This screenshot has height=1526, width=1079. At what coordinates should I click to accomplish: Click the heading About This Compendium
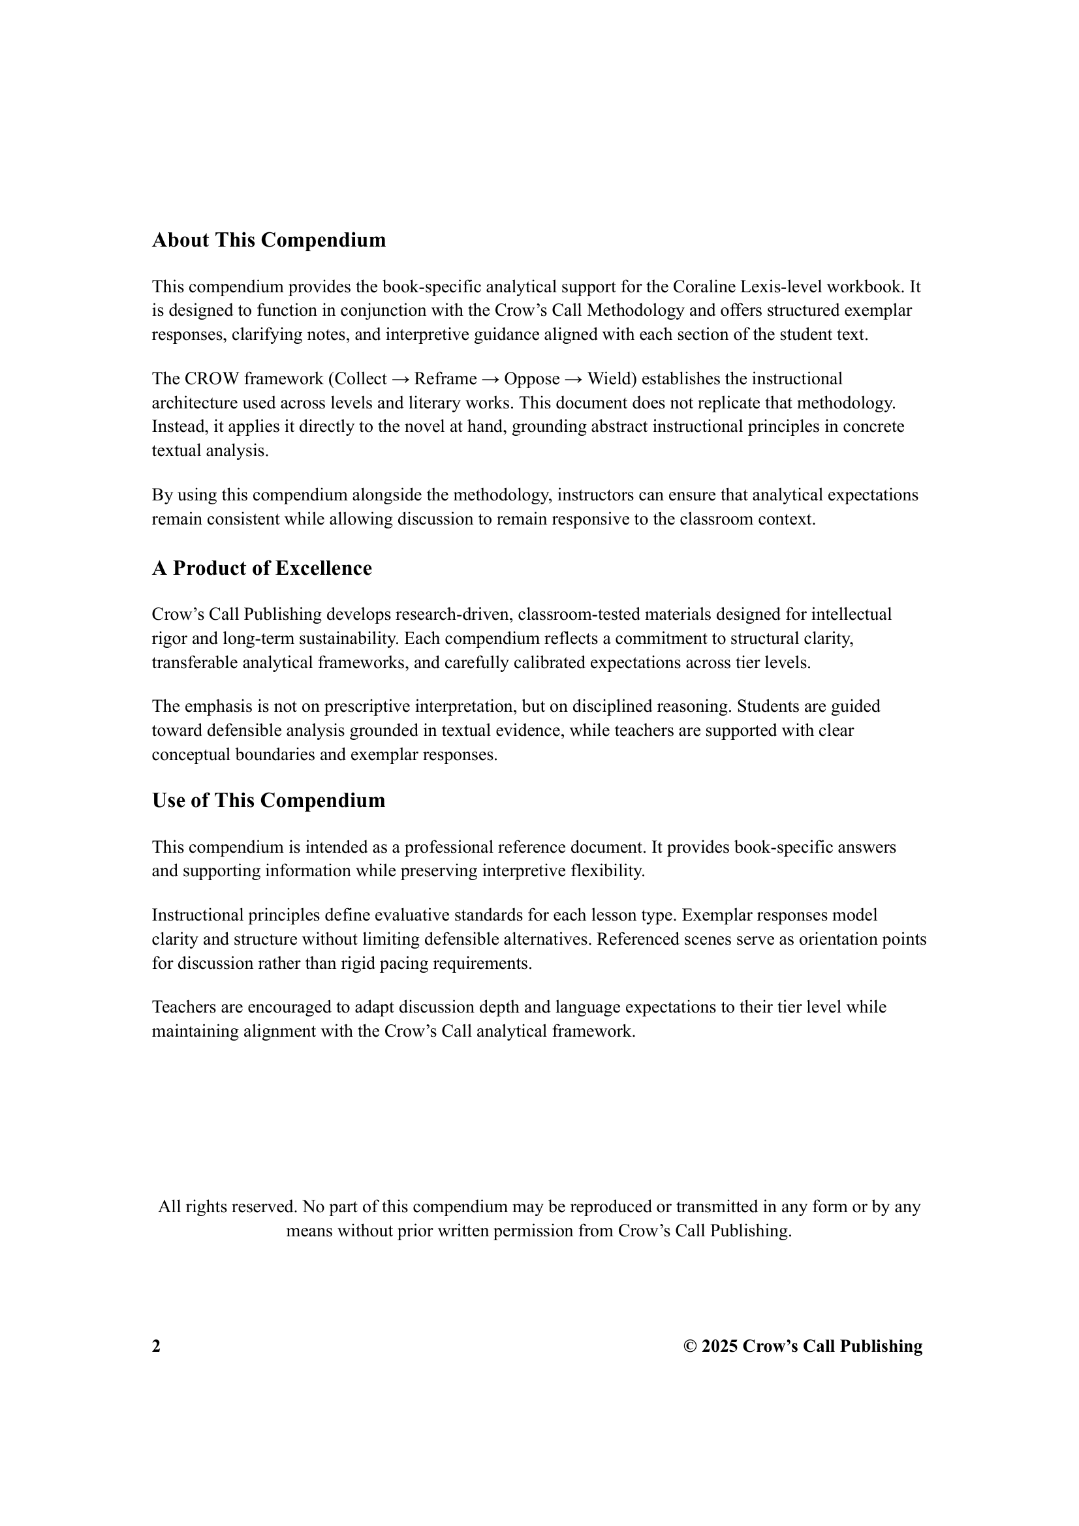(x=268, y=240)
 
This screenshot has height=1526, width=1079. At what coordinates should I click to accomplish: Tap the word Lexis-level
(x=778, y=286)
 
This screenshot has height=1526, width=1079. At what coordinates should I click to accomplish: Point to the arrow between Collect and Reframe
(x=400, y=379)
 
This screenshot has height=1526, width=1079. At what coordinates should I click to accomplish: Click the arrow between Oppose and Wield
(x=573, y=379)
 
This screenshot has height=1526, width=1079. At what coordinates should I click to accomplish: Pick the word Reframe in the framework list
(x=445, y=379)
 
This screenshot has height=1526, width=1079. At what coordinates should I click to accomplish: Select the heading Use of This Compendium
(x=268, y=801)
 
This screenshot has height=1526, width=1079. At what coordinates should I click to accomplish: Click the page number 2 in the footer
(x=156, y=1347)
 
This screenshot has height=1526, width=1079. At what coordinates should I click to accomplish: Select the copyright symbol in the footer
(x=690, y=1347)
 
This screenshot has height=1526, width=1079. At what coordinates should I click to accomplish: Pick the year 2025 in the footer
(x=719, y=1347)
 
